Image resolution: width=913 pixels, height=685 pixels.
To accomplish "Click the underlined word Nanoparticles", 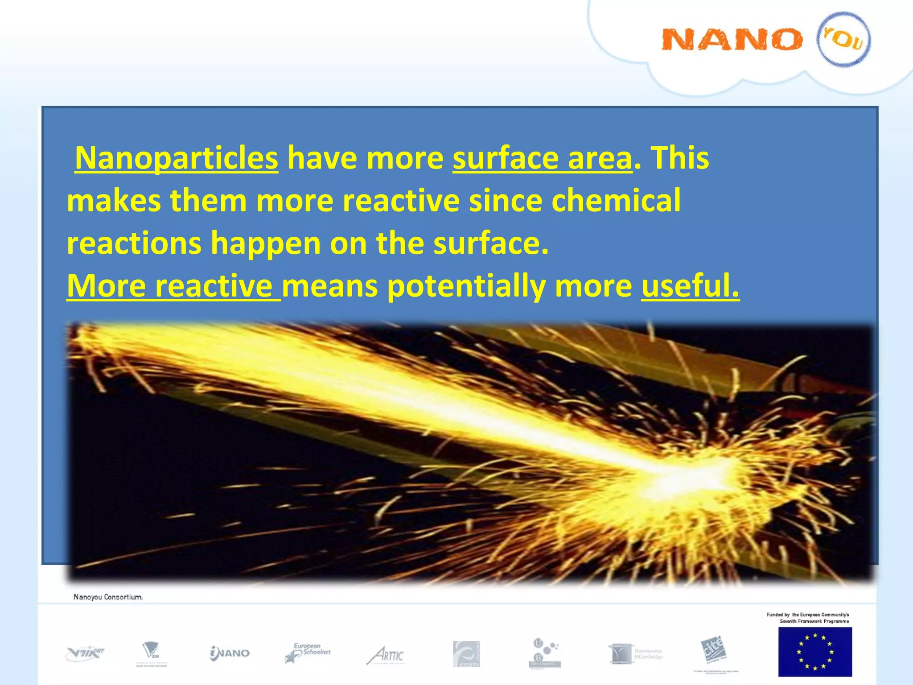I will (x=177, y=158).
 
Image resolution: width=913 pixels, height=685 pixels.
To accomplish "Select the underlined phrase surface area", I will (x=542, y=158).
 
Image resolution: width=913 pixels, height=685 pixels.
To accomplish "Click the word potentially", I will (x=466, y=286).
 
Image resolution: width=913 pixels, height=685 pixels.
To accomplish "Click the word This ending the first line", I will (x=680, y=158).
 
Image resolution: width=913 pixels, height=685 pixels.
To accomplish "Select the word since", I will (x=505, y=200).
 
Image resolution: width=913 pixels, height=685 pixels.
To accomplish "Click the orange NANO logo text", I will (x=731, y=39).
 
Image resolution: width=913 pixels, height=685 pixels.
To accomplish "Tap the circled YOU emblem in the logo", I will (x=843, y=39).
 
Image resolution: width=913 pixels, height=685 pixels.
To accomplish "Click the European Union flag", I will (x=815, y=652).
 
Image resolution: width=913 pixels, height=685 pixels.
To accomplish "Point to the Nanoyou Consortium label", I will (x=108, y=597).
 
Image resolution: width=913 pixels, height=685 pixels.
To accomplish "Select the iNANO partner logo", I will (x=230, y=653).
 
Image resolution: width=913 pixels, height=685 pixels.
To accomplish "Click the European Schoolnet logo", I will (x=308, y=652).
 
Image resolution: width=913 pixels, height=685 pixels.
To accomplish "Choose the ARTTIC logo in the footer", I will (x=386, y=654).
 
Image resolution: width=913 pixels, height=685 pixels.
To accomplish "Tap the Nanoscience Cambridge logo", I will (x=635, y=654).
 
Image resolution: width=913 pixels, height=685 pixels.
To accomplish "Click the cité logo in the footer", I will (x=714, y=650).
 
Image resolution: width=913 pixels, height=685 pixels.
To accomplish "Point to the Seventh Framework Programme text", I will (x=814, y=621).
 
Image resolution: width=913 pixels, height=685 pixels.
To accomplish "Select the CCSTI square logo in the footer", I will (x=466, y=654).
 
